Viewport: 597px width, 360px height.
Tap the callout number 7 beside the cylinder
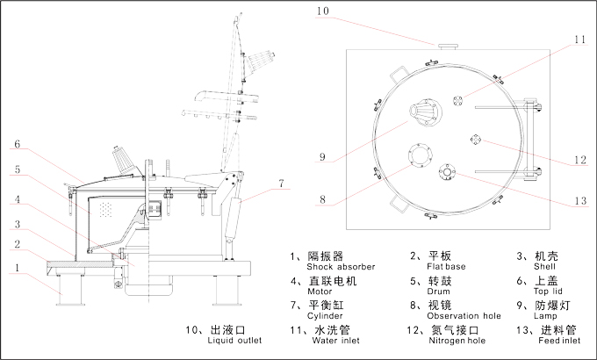click(281, 184)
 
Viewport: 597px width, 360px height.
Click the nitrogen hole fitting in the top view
click(476, 138)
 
